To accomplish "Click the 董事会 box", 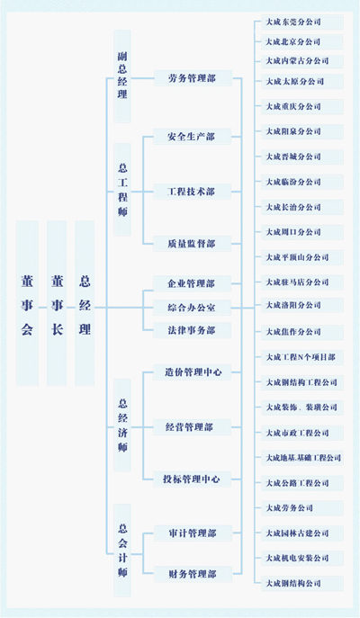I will click(x=27, y=305).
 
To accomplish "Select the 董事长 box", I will click(x=57, y=305).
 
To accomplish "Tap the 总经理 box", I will click(x=85, y=305).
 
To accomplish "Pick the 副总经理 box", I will click(x=122, y=76).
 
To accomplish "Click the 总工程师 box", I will click(x=122, y=190).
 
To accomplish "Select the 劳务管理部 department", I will click(x=192, y=78).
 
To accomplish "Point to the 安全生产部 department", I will click(x=192, y=137).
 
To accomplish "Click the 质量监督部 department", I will click(x=192, y=242).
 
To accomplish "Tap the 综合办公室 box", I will click(x=192, y=307).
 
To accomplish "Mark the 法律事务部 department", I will click(x=192, y=330).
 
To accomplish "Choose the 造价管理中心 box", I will click(x=193, y=371).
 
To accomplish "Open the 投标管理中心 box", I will click(x=193, y=479).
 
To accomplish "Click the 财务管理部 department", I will click(x=192, y=573).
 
